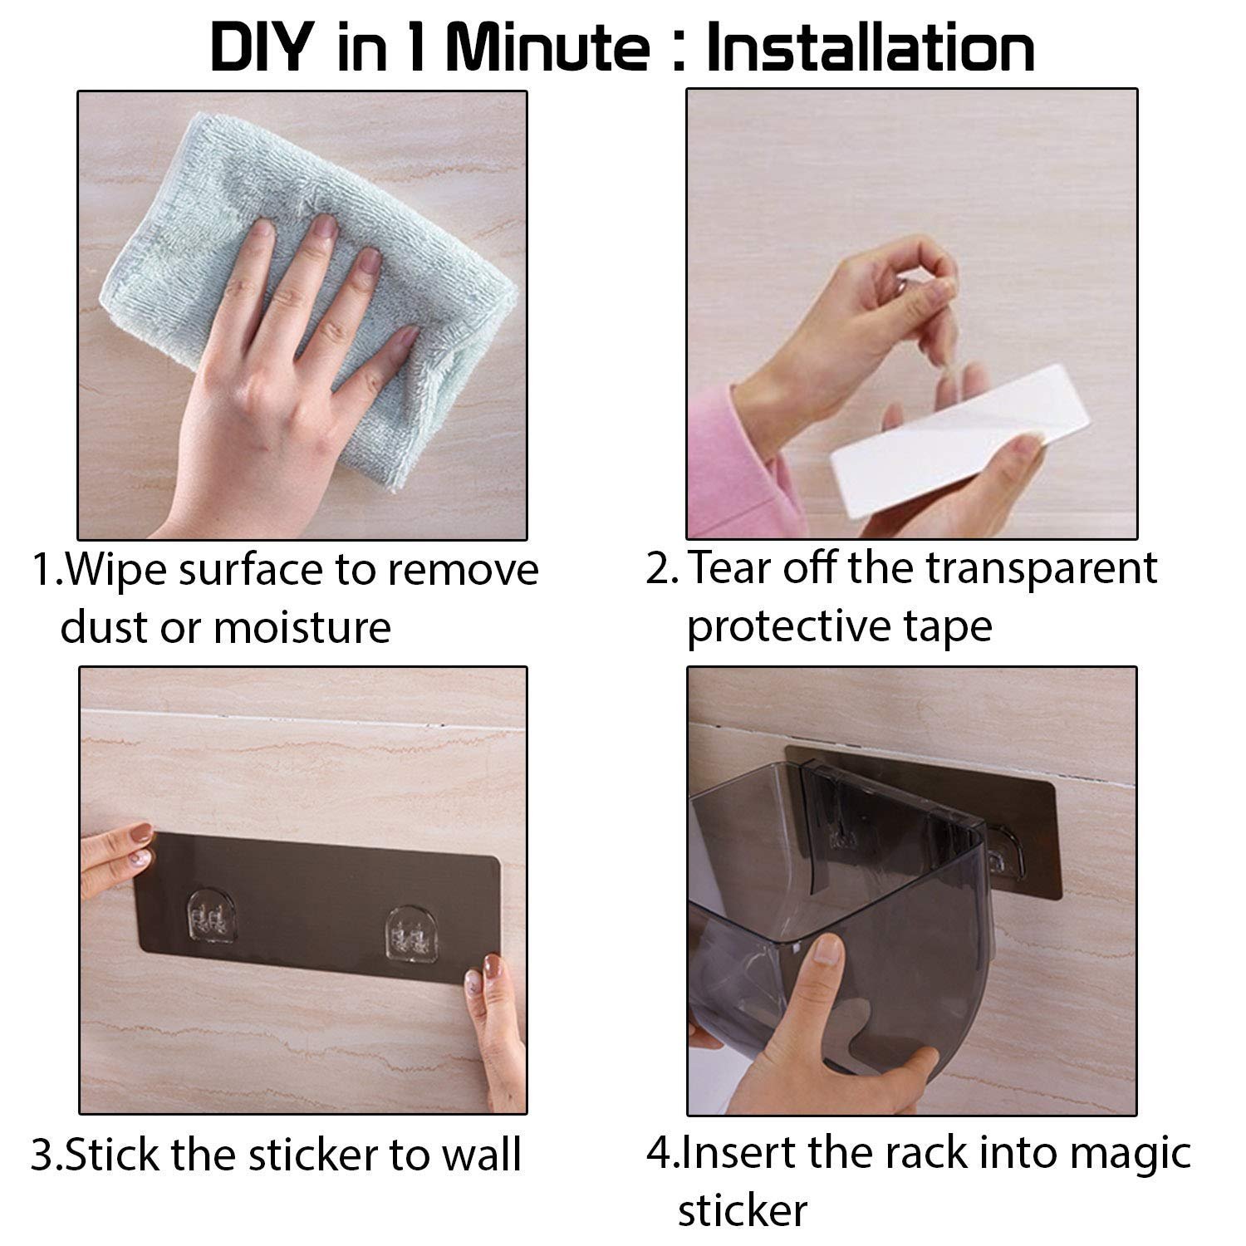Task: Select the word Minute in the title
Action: pyautogui.click(x=547, y=47)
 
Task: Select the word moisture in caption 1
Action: pyautogui.click(x=302, y=627)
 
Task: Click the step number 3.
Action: pyautogui.click(x=42, y=1155)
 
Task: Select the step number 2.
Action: pyautogui.click(x=659, y=570)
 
